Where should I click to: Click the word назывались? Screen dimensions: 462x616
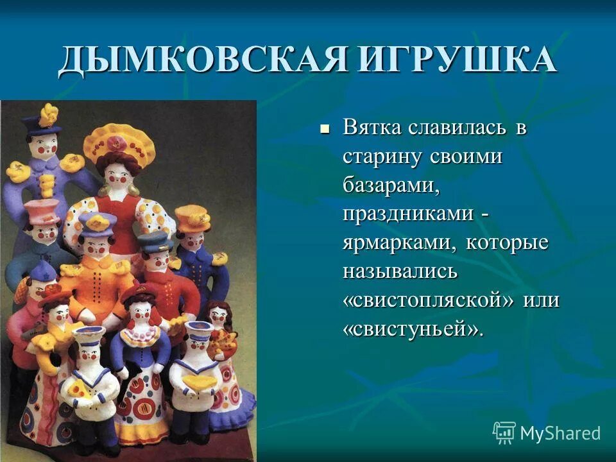pyautogui.click(x=400, y=271)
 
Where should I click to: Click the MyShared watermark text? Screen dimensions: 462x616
pyautogui.click(x=560, y=434)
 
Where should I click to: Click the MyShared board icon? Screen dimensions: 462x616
pyautogui.click(x=504, y=433)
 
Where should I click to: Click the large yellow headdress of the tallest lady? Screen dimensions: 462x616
pyautogui.click(x=119, y=141)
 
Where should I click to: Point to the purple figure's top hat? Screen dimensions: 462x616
pyautogui.click(x=42, y=122)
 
